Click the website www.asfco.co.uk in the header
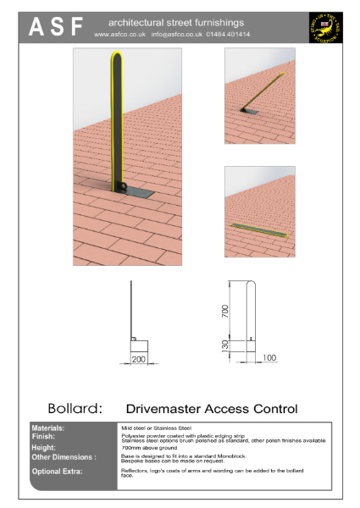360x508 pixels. (121, 35)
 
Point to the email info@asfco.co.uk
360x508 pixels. (173, 35)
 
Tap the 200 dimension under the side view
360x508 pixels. (138, 360)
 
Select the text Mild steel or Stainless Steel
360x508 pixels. (157, 429)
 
